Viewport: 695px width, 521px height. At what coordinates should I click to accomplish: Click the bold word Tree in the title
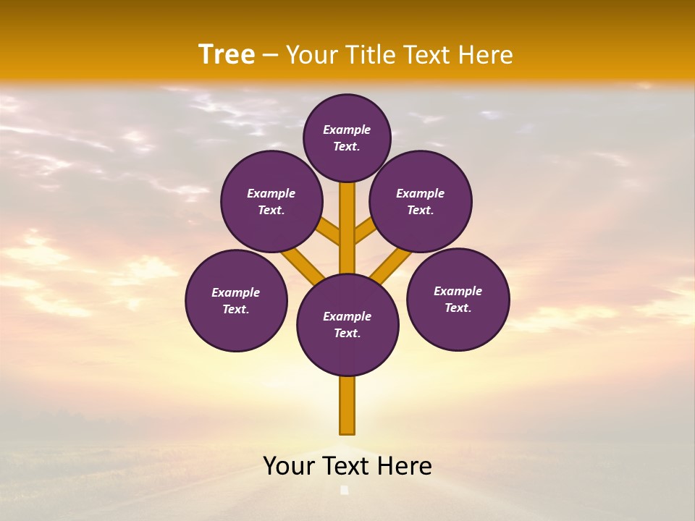[x=227, y=55]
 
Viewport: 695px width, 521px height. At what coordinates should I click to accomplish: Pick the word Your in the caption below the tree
[x=290, y=466]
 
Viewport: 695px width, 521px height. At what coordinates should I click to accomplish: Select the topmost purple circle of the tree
[x=347, y=137]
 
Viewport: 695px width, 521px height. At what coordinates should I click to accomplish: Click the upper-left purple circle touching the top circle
[x=271, y=201]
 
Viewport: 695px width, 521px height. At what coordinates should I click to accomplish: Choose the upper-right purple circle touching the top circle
[x=421, y=201]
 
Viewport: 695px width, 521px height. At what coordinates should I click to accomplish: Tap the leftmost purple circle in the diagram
[x=236, y=300]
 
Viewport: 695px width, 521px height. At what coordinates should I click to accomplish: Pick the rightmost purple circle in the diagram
[x=458, y=299]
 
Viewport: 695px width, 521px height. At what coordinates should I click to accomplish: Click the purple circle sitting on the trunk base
[x=347, y=325]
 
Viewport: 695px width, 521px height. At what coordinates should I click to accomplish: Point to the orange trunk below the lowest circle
[x=347, y=405]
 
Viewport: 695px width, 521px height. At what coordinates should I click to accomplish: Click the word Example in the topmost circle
[x=347, y=130]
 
